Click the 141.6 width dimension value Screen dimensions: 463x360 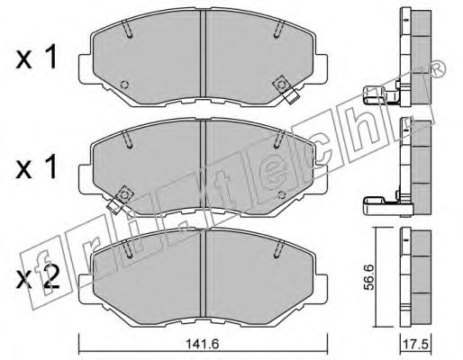click(x=203, y=344)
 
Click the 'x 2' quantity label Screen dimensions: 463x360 click(x=37, y=279)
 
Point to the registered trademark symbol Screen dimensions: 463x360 click(x=439, y=69)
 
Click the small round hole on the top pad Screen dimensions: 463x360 click(x=124, y=85)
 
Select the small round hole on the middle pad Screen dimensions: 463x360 click(x=282, y=195)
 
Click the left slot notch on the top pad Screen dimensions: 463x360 click(x=128, y=29)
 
